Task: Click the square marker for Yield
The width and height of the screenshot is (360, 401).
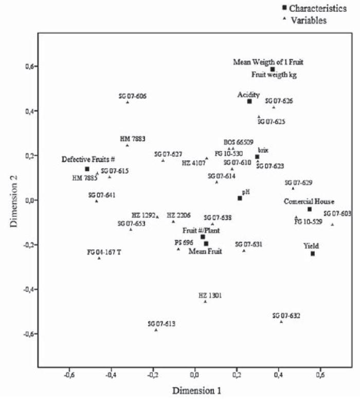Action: point(313,253)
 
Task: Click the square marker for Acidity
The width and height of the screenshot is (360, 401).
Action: point(249,101)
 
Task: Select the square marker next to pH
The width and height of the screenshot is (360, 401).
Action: point(240,198)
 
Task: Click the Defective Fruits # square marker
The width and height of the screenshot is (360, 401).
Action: point(87,169)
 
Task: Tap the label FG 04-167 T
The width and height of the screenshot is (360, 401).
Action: point(104,252)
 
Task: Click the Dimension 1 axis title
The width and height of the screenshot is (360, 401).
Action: point(197,390)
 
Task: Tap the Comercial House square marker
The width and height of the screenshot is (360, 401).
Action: point(310,209)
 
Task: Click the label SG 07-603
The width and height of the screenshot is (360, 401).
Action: point(338,213)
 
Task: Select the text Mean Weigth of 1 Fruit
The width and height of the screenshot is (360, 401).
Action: point(268,62)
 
